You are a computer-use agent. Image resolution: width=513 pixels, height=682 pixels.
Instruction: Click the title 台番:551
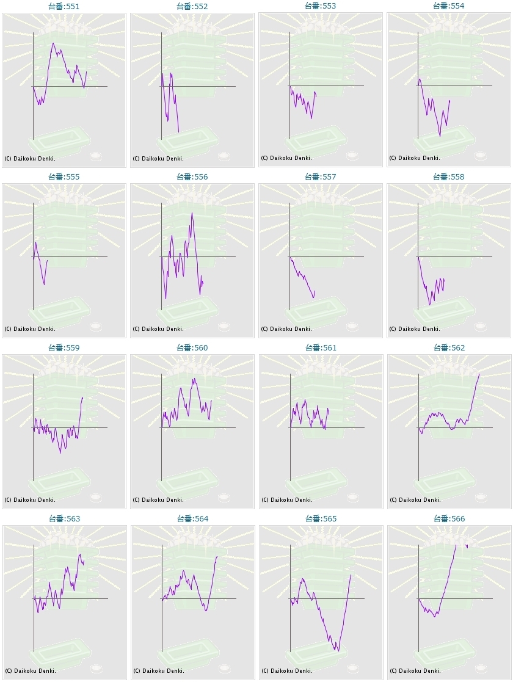(x=64, y=6)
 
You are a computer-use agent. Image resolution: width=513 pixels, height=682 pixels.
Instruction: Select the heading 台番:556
(x=192, y=177)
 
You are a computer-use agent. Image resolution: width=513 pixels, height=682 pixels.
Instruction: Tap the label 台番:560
(x=192, y=348)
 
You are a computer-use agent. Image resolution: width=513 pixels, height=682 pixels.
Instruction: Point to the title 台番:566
(x=449, y=519)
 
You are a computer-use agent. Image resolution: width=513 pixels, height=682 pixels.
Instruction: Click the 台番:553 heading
(x=321, y=6)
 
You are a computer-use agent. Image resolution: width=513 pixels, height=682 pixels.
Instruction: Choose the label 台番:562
(x=449, y=348)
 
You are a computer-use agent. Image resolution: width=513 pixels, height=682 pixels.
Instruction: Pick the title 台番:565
(x=321, y=519)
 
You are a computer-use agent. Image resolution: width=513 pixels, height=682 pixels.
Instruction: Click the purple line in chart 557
(x=302, y=278)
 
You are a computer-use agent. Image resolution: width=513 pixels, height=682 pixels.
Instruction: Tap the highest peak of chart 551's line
(x=54, y=43)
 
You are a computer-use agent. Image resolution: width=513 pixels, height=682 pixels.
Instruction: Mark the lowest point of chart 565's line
(x=338, y=651)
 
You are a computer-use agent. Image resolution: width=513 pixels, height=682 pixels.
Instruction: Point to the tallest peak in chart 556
(x=192, y=213)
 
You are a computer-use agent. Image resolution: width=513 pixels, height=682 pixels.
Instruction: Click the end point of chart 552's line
(x=179, y=131)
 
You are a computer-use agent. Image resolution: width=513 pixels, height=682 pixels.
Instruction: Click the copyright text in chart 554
(x=415, y=158)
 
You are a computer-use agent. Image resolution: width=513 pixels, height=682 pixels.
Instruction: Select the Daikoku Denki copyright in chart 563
(x=30, y=671)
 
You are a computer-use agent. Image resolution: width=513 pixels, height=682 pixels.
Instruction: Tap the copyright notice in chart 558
(x=415, y=329)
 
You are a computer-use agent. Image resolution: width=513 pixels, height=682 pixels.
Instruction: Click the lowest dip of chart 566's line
(x=435, y=617)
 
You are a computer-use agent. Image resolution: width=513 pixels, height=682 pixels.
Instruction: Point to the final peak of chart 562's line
(x=479, y=374)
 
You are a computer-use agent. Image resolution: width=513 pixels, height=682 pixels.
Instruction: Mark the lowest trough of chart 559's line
(x=60, y=452)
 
